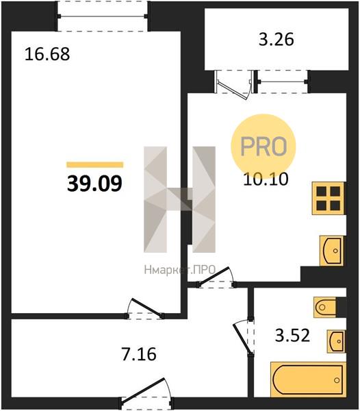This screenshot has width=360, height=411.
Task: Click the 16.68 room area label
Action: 47,54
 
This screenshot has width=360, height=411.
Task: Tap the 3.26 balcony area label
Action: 277,40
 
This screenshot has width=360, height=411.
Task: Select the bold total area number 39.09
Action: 94,184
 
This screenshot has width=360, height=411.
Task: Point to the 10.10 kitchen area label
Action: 266,179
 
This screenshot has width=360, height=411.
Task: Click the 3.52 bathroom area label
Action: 292,335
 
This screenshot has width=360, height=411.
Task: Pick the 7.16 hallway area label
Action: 139,354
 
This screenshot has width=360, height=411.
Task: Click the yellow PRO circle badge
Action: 263,146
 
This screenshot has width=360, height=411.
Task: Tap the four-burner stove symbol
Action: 328,199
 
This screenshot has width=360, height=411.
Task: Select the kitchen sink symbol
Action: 331,251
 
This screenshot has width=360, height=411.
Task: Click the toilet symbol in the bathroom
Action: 325,307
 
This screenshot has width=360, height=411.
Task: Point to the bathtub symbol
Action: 308,380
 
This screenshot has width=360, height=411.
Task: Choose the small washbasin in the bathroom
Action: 336,341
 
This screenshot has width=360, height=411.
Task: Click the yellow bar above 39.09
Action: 94,164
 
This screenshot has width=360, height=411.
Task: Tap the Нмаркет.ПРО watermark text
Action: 179,269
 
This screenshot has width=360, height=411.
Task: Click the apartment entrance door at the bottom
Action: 146,393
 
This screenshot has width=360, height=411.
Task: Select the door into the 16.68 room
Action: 145,309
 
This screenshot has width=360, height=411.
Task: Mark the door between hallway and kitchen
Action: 216,277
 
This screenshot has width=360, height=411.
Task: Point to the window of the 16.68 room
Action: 102,16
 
